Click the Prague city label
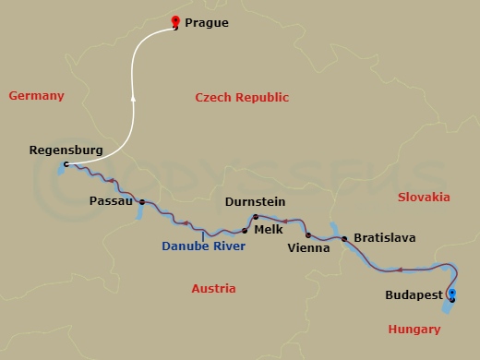pos(207,22)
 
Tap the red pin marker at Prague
pos(176,22)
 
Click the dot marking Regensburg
pos(65,165)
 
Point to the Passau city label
pos(112,200)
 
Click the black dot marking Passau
pos(142,200)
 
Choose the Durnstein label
pos(255,201)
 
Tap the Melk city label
pos(268,229)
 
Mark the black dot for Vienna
pos(308,235)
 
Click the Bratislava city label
pos(384,238)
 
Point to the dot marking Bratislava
pos(344,240)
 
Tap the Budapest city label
pos(413,296)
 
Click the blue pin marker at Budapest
pos(451,294)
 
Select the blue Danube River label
pos(203,246)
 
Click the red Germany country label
pos(36,96)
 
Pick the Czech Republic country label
pos(243,98)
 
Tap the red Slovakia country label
pos(424,197)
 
